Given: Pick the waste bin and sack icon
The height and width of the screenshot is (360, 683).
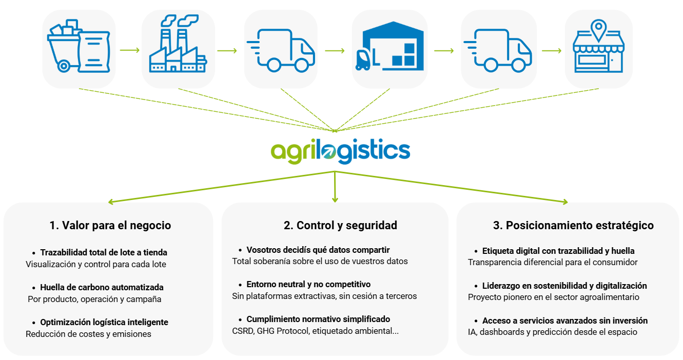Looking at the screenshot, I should click(78, 46).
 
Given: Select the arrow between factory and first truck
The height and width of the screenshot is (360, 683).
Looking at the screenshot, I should click(227, 50).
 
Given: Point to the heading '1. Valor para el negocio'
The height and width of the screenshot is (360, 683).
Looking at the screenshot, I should click(110, 226).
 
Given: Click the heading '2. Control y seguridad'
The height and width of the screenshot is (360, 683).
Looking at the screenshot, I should click(340, 226).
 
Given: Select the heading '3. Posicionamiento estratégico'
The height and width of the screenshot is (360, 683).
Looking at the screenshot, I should click(573, 226).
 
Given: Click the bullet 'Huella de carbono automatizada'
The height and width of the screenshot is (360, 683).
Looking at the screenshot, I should click(102, 287).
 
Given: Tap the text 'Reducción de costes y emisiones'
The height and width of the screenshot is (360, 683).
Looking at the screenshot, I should click(88, 334).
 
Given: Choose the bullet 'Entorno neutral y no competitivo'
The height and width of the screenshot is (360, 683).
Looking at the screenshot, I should click(308, 284).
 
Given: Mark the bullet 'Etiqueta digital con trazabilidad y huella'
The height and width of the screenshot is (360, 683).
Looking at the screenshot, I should click(558, 251).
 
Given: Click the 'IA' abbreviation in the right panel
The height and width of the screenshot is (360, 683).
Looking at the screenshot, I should click(472, 332).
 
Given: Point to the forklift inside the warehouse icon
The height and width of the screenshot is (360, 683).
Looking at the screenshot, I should click(363, 59).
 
